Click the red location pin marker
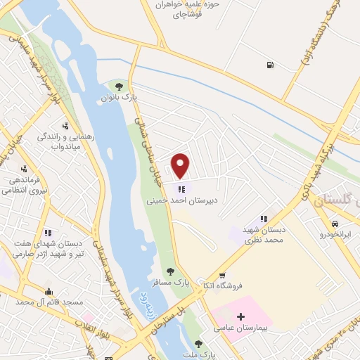pyautogui.click(x=181, y=165)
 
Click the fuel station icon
pyautogui.click(x=269, y=66)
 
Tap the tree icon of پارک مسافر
pyautogui.click(x=169, y=271)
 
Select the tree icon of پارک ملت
pyautogui.click(x=199, y=344)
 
